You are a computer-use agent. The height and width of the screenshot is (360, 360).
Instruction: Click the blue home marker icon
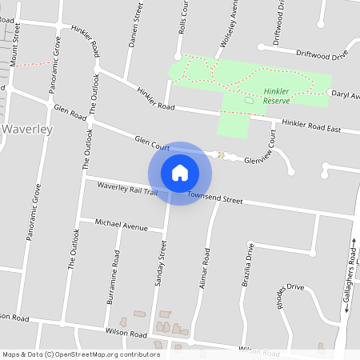pos(180,173)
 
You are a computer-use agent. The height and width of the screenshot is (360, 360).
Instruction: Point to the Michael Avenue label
pos(121,224)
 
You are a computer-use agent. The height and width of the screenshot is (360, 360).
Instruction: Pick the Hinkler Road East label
pos(311,127)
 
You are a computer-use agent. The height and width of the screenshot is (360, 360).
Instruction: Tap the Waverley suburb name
pos(27,129)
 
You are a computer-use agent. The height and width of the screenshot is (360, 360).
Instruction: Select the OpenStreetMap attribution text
pos(81,354)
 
